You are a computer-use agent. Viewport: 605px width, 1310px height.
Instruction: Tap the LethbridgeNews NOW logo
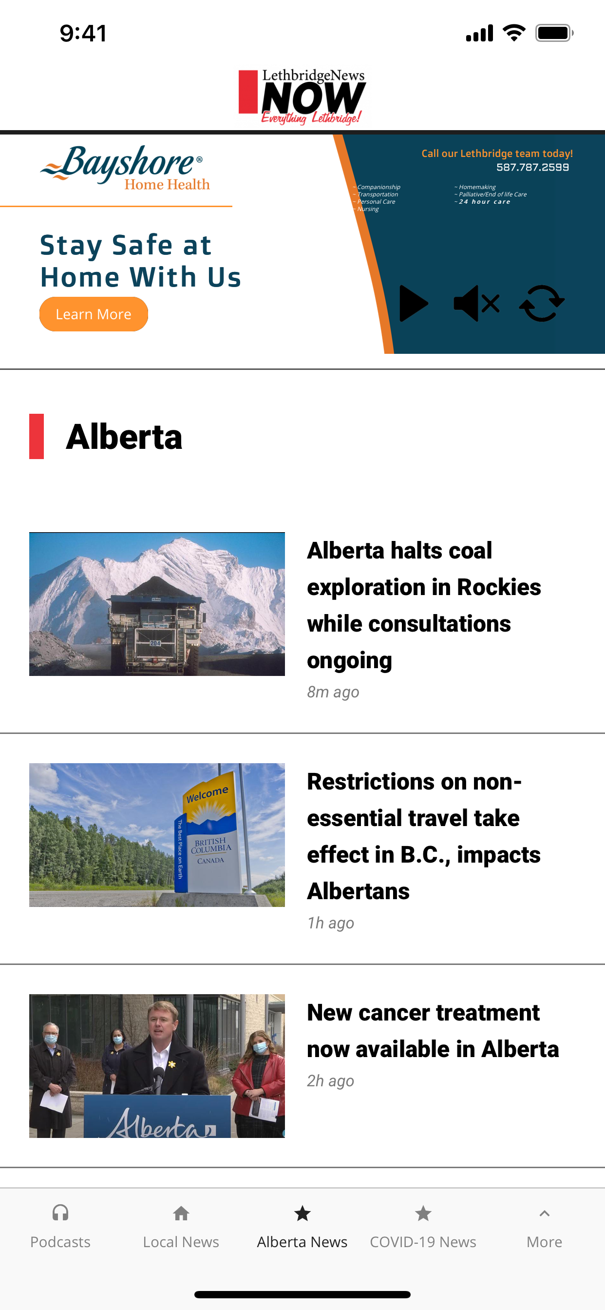302,96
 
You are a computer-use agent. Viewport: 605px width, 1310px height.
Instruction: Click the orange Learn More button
94,314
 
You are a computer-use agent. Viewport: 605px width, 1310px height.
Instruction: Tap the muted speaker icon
476,303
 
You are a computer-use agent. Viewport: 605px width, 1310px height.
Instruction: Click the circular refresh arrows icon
542,303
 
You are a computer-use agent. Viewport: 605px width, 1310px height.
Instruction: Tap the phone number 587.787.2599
532,167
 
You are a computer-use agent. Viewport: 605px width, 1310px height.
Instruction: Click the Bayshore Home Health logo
125,168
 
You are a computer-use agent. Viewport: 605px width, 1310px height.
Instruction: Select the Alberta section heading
124,437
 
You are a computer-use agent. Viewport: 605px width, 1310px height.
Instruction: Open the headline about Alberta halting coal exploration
424,605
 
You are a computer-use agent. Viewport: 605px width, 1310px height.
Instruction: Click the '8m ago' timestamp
333,692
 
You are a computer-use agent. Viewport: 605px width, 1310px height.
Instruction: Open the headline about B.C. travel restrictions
424,836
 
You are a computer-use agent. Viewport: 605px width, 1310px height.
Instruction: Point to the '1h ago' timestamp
330,923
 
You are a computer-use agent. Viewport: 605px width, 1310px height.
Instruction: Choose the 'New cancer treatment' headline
433,1031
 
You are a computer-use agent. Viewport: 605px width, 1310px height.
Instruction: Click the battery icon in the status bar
554,33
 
